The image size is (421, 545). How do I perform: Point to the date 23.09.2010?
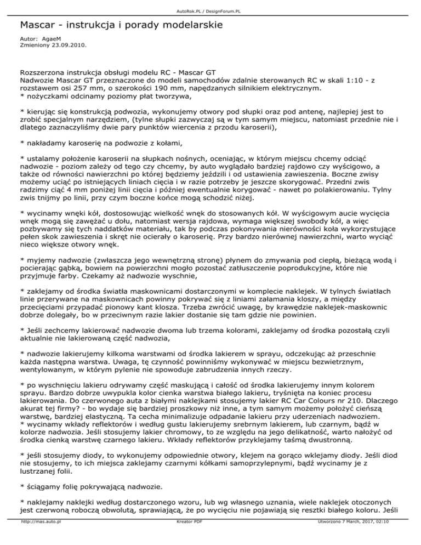[67, 47]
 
